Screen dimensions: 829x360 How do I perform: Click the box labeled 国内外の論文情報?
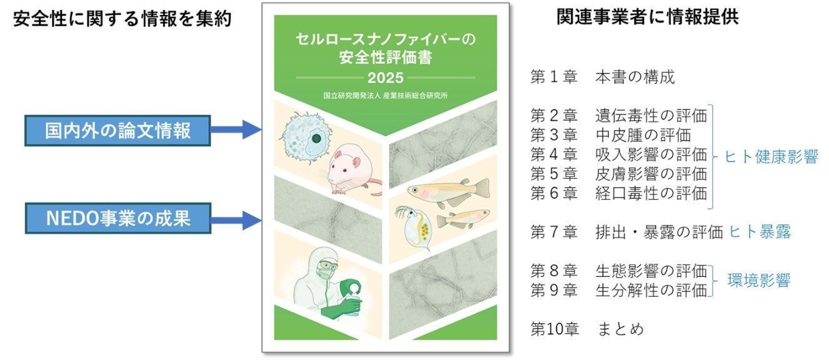tap(118, 131)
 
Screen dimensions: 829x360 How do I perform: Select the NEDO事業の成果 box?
tap(118, 218)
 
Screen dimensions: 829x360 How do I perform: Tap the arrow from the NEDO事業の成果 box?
tap(236, 219)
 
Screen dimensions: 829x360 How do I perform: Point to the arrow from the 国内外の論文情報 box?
tap(236, 131)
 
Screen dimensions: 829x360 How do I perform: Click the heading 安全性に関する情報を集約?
tap(122, 19)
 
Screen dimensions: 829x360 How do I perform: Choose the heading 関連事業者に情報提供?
tap(648, 17)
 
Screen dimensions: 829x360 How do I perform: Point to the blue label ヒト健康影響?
tap(771, 157)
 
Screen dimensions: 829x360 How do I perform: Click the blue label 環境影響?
tap(759, 280)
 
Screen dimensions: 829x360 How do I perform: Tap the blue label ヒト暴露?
tap(760, 232)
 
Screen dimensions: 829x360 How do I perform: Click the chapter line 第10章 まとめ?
tap(586, 328)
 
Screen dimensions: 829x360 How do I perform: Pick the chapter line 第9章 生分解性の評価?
tap(618, 290)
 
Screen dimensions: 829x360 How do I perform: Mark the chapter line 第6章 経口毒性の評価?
tap(618, 192)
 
